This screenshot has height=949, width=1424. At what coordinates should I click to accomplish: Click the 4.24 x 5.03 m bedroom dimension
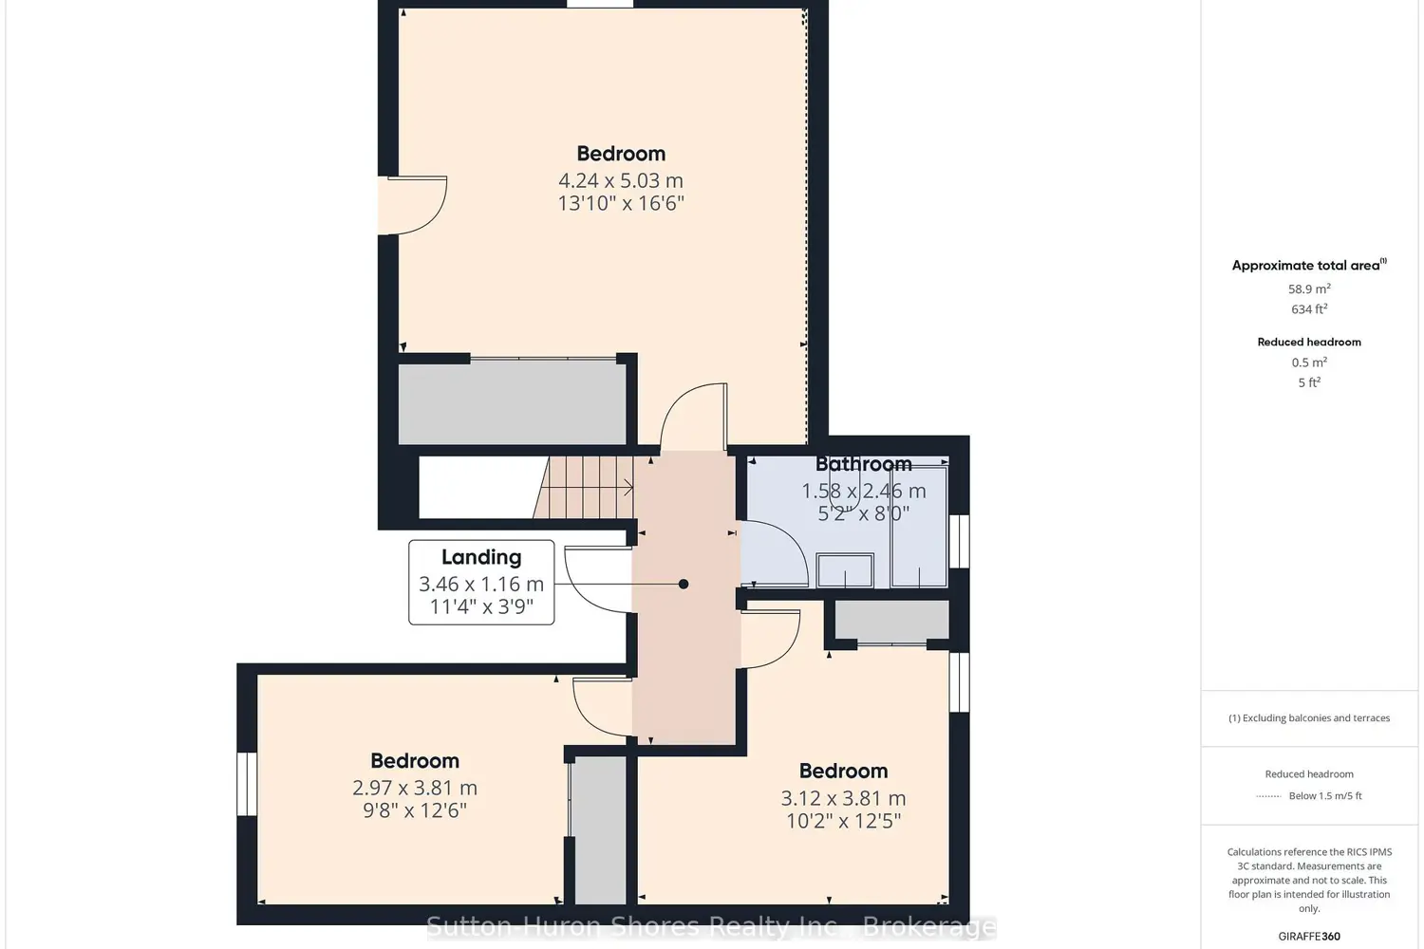[621, 180]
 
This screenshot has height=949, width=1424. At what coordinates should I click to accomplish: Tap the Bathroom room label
[863, 464]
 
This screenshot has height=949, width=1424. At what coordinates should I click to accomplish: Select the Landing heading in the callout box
[481, 557]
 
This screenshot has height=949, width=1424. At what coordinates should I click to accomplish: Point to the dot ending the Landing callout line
[684, 585]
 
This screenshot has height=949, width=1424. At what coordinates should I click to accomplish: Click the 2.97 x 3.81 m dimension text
[415, 789]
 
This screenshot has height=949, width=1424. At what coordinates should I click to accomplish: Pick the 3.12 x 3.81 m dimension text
[843, 798]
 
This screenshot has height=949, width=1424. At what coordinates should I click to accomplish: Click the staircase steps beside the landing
[584, 488]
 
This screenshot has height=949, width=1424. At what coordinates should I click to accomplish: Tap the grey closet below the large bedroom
[513, 404]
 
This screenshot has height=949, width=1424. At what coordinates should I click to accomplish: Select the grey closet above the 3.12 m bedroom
[891, 620]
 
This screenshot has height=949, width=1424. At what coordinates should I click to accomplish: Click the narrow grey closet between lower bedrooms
[600, 829]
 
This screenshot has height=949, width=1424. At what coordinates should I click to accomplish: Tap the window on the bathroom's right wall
[959, 542]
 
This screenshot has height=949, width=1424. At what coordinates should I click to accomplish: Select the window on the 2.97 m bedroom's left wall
[247, 784]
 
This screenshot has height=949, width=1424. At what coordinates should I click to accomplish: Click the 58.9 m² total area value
[1309, 289]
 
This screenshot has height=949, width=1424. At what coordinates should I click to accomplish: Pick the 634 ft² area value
[1309, 309]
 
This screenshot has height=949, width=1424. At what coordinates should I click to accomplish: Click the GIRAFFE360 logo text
[1309, 937]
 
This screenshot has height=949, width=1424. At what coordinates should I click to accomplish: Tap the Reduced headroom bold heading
[1309, 342]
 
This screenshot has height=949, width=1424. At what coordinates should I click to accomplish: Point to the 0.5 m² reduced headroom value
[1309, 363]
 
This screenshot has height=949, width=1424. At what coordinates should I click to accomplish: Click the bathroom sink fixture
[845, 570]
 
